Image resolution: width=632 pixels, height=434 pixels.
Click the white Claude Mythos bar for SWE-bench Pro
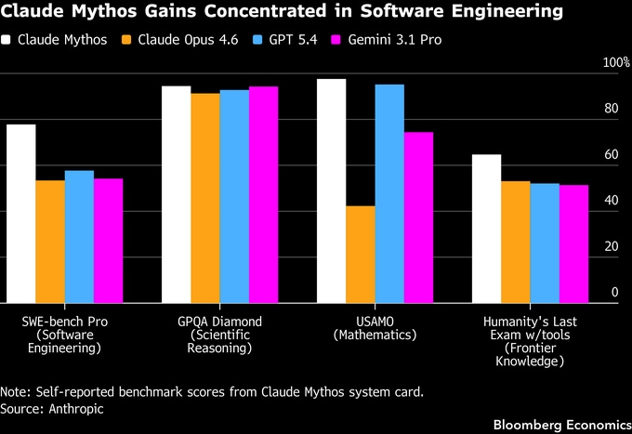pyautogui.click(x=20, y=213)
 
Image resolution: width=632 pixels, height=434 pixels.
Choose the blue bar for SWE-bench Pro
pyautogui.click(x=79, y=236)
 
